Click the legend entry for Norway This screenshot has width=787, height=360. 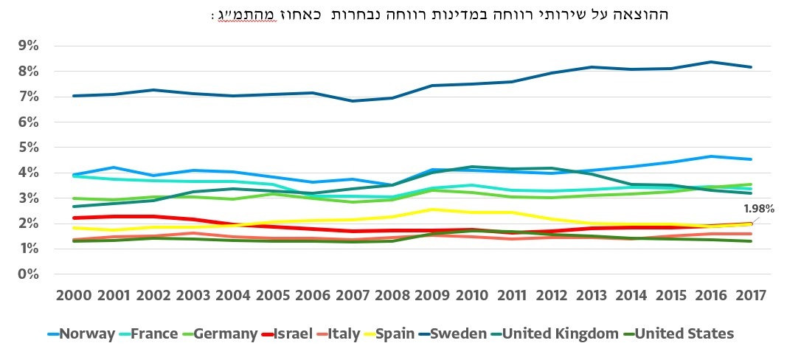(80, 334)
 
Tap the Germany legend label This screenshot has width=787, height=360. (219, 334)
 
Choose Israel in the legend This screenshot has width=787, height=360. (286, 334)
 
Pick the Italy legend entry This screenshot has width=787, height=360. (338, 334)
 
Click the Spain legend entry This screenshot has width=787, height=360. (389, 334)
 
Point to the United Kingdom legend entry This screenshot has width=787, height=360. (554, 334)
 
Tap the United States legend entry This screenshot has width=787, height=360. (678, 334)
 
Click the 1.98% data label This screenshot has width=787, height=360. (758, 208)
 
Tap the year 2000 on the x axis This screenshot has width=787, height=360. (74, 295)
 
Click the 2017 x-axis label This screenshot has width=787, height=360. (750, 295)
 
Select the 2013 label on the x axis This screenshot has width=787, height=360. (591, 295)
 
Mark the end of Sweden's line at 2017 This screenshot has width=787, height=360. (751, 67)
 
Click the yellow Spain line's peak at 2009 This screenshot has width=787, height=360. (432, 210)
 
